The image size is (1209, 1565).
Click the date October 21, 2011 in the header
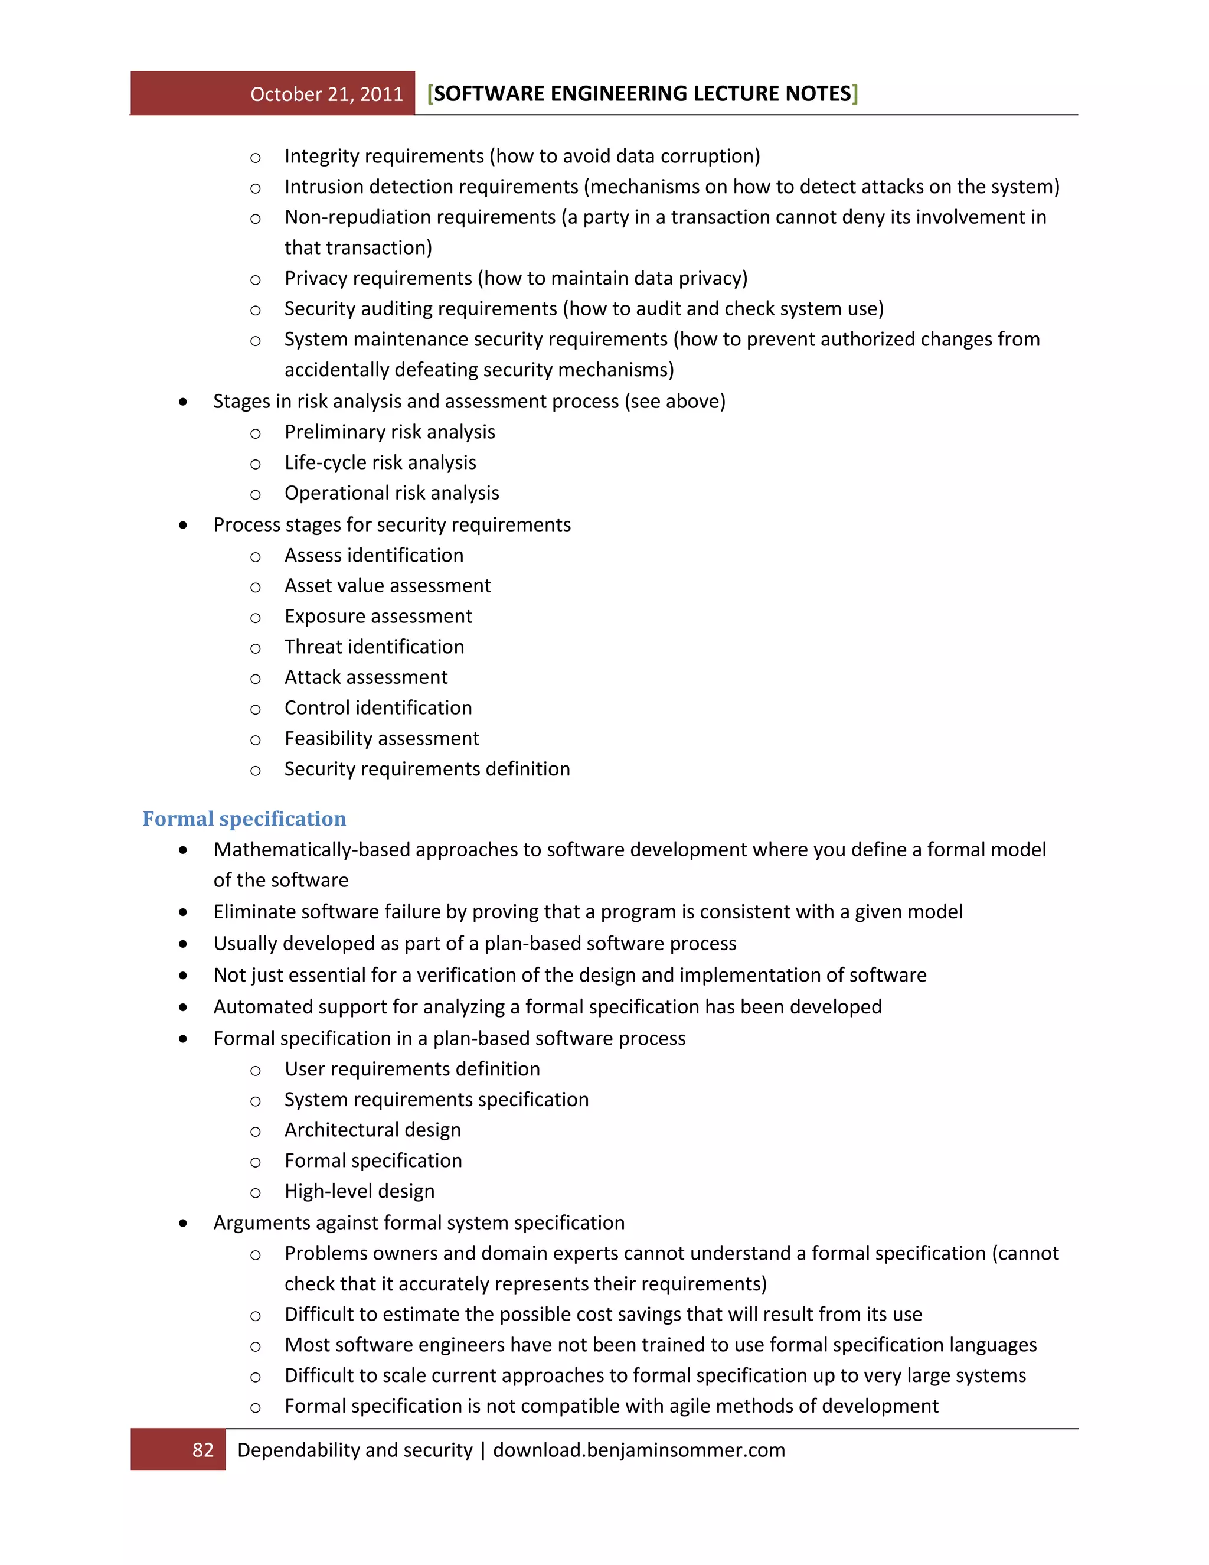(x=326, y=94)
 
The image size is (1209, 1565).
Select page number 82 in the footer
(x=202, y=1450)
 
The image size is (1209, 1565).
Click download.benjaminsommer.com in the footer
(x=639, y=1450)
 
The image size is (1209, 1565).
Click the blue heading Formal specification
(x=244, y=819)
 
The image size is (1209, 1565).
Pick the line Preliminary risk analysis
(x=390, y=432)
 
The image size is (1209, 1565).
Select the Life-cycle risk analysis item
(x=380, y=463)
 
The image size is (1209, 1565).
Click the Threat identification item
(x=374, y=647)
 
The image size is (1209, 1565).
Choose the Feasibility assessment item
(x=382, y=739)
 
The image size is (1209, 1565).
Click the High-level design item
(x=360, y=1191)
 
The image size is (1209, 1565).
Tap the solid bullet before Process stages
(x=184, y=525)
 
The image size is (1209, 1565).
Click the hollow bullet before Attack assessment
(x=256, y=679)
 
